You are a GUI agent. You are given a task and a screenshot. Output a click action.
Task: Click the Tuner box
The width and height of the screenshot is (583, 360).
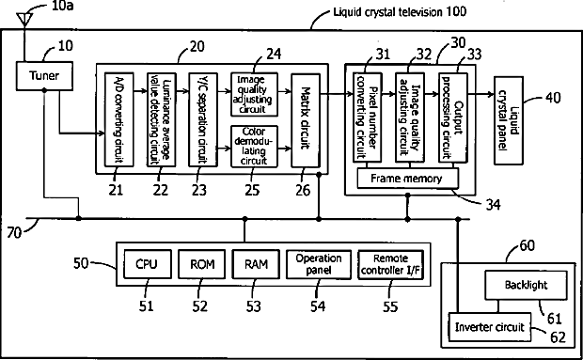pyautogui.click(x=44, y=76)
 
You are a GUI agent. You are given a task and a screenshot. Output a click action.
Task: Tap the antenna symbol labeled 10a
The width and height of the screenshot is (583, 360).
pyautogui.click(x=24, y=20)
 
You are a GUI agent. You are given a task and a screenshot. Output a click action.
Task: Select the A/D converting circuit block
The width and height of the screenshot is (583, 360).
pyautogui.click(x=119, y=119)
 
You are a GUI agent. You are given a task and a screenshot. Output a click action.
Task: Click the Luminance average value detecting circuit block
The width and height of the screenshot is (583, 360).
pyautogui.click(x=162, y=119)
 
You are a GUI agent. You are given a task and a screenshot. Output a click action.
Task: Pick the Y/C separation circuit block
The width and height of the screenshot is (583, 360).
pyautogui.click(x=203, y=119)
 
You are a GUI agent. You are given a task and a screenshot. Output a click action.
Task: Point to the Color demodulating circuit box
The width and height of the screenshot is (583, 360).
pyautogui.click(x=254, y=147)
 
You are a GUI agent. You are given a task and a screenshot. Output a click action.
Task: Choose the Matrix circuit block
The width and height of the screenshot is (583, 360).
pyautogui.click(x=306, y=120)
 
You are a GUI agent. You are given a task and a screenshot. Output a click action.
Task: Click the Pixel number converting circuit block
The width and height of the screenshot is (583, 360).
pyautogui.click(x=367, y=117)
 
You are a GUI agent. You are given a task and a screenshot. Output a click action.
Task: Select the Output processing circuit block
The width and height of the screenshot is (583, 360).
pyautogui.click(x=453, y=117)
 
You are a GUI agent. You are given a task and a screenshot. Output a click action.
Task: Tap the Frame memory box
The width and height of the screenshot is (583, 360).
pyautogui.click(x=407, y=179)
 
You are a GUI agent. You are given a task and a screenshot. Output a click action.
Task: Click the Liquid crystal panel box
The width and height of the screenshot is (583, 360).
pyautogui.click(x=509, y=120)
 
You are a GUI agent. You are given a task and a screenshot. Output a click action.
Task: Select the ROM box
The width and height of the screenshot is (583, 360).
pyautogui.click(x=202, y=264)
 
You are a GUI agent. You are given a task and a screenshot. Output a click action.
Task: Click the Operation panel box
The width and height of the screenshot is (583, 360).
pyautogui.click(x=319, y=264)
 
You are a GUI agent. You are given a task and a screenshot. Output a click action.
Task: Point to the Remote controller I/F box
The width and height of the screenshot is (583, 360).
pyautogui.click(x=391, y=264)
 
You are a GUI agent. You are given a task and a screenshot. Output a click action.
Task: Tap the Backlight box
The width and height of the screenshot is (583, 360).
pyautogui.click(x=527, y=285)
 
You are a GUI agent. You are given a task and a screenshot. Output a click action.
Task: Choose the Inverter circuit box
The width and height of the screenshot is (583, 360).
pyautogui.click(x=490, y=327)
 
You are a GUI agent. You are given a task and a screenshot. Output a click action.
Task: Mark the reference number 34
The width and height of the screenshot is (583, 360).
pyautogui.click(x=492, y=205)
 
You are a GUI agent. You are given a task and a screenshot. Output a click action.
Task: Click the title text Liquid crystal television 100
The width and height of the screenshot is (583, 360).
pyautogui.click(x=400, y=12)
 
